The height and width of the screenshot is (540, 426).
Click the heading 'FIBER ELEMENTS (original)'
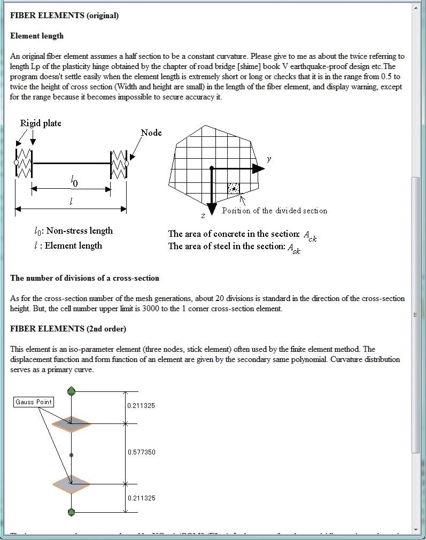coord(64,16)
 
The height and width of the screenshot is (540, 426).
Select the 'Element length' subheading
coord(37,36)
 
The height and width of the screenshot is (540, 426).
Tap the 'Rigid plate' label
coord(41,124)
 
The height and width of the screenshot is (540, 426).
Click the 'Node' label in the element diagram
coord(151,133)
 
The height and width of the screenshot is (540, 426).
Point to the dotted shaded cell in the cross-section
coord(234,188)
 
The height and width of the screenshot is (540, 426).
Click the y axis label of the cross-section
coord(269,159)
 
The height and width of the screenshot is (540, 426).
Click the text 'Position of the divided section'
coord(274,211)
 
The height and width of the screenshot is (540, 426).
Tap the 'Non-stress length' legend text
coord(79,231)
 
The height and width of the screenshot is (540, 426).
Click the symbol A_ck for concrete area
coord(310,235)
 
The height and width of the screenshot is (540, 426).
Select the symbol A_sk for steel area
coord(293,248)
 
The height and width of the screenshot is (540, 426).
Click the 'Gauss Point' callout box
coord(33,402)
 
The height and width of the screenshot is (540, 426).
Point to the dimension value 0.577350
coord(142,452)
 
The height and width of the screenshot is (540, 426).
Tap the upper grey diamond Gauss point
coord(72,423)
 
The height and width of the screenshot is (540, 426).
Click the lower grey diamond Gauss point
coord(72,483)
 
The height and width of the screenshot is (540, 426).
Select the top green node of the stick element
coord(72,391)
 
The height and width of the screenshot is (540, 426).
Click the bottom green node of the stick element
coord(72,512)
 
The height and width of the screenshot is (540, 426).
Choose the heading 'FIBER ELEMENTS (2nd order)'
coord(68,328)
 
